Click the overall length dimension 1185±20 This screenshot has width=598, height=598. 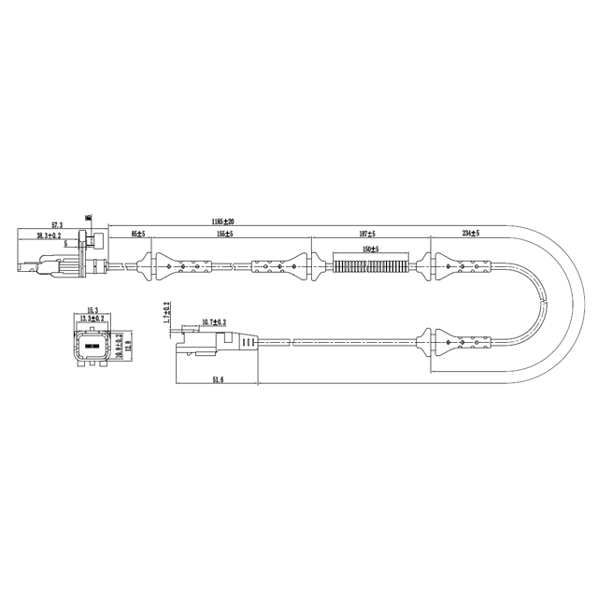[x=221, y=221]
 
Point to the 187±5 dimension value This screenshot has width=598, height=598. [x=367, y=234]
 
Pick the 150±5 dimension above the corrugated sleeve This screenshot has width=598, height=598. [x=369, y=249]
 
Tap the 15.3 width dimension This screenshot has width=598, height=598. [x=93, y=310]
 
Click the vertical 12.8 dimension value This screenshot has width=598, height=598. [x=130, y=346]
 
